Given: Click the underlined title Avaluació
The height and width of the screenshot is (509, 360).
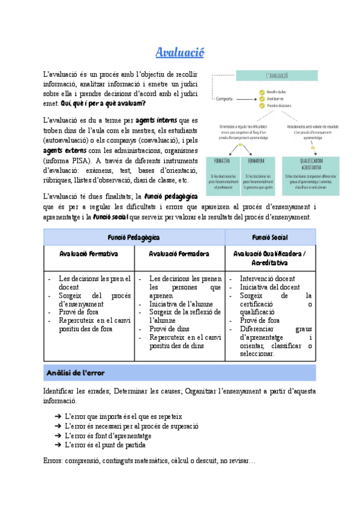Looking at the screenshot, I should pyautogui.click(x=180, y=53).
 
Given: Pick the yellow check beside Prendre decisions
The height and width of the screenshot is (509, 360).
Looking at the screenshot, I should pyautogui.click(x=262, y=106).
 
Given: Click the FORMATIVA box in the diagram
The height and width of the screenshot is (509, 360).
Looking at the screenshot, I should pyautogui.click(x=223, y=161).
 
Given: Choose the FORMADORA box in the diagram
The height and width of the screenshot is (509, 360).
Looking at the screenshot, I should pyautogui.click(x=258, y=161).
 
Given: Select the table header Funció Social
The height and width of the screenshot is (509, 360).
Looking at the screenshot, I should pyautogui.click(x=269, y=238).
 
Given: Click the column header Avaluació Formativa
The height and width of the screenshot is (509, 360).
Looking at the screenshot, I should pyautogui.click(x=89, y=253).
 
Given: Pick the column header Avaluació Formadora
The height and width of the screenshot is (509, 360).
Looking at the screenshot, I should pyautogui.click(x=179, y=253).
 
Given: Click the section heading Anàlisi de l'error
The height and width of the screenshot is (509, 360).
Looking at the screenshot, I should pyautogui.click(x=76, y=373).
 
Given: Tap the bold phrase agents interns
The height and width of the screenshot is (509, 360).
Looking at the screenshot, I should pyautogui.click(x=157, y=120).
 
